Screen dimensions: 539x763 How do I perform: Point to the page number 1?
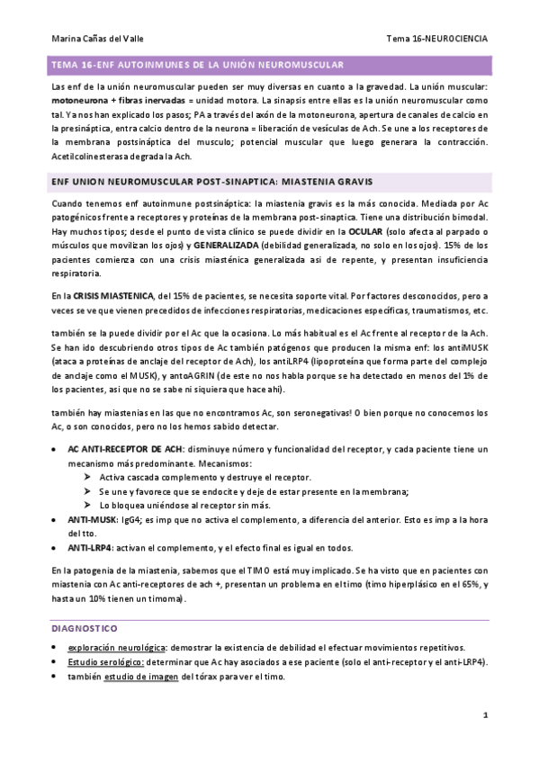(484, 715)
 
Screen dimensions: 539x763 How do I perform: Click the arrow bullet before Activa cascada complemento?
(87, 477)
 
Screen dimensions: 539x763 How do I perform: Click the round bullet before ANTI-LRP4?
(57, 547)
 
